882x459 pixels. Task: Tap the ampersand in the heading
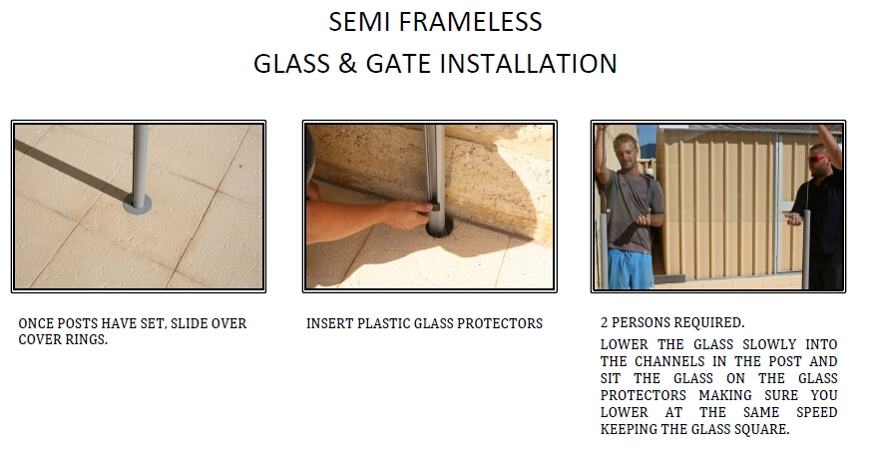[348, 64]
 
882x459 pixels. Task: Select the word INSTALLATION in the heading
[528, 64]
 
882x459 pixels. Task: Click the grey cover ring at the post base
[138, 204]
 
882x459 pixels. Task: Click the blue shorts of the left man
[632, 269]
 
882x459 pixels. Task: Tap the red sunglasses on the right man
[818, 159]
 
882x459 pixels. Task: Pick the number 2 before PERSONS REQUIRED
[604, 322]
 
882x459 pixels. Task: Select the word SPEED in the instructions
[816, 412]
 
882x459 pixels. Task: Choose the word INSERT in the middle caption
[329, 323]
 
